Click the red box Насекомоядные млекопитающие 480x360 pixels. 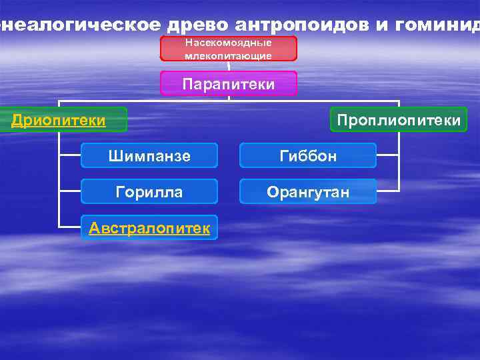(x=228, y=49)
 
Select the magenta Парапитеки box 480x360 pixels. (x=228, y=84)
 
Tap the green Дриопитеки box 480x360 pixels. (x=60, y=120)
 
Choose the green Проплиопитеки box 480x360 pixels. (x=399, y=120)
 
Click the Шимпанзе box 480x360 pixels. (x=149, y=156)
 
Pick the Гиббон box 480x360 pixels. (x=308, y=156)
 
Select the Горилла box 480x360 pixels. (x=149, y=192)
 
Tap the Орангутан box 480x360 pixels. (x=308, y=192)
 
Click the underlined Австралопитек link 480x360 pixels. (x=149, y=229)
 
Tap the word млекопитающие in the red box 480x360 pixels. (x=228, y=56)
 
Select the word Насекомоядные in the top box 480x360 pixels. (x=228, y=42)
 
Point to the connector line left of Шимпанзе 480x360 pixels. (x=69, y=156)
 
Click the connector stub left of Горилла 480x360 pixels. (x=69, y=192)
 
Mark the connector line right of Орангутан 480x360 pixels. (x=388, y=192)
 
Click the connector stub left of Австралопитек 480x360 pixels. (x=69, y=229)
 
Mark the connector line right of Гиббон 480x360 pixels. (x=388, y=156)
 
